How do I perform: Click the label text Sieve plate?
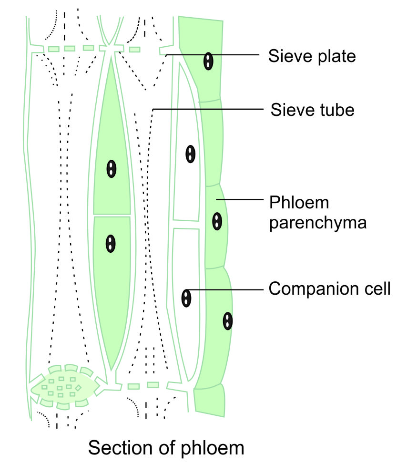[312, 56]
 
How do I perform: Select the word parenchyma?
[318, 223]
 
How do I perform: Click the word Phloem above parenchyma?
[299, 203]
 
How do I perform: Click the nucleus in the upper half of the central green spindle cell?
[112, 169]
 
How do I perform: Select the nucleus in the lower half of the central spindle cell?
[111, 243]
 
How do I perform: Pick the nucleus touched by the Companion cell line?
[186, 298]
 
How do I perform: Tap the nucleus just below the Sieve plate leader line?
[208, 62]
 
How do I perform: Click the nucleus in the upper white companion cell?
[190, 154]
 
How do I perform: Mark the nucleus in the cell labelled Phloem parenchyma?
[217, 221]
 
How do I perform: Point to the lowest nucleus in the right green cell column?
[228, 321]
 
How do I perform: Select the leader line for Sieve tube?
[210, 110]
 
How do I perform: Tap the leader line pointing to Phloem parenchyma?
[241, 199]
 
